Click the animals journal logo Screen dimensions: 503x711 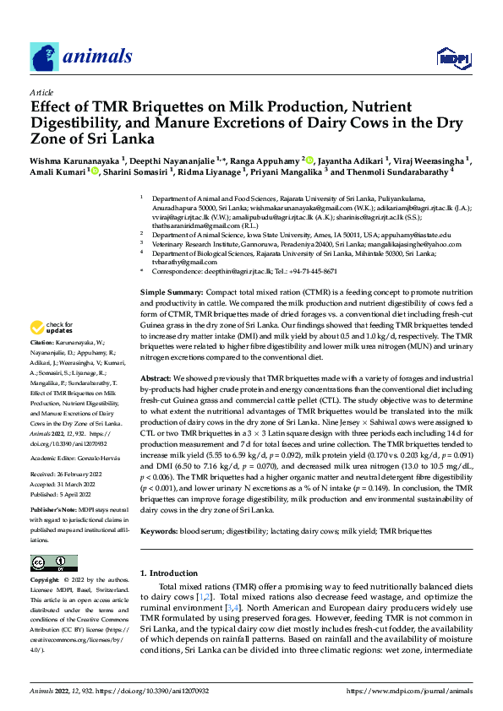point(81,57)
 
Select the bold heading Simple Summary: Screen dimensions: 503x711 point(172,291)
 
